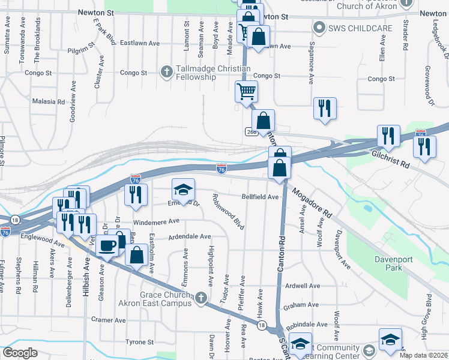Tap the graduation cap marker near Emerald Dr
click(184, 190)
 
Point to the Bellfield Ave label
click(261, 197)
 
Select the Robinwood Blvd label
click(229, 211)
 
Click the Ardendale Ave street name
click(190, 236)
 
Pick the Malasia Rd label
click(48, 102)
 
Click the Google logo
click(20, 353)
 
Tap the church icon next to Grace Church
click(200, 298)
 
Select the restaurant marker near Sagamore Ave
click(325, 108)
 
